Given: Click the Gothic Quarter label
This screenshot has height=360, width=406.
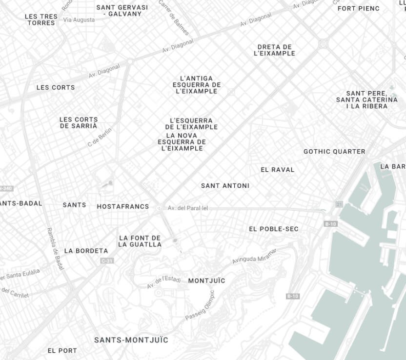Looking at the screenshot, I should pos(334,152).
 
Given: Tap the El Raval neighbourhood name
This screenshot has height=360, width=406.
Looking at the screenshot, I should pos(278,170).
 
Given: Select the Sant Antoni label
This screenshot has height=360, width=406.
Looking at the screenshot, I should pos(225,186).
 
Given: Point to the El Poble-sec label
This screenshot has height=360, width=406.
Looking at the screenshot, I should pos(274,229).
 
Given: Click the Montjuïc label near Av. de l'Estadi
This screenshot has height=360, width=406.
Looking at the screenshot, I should pos(206,280).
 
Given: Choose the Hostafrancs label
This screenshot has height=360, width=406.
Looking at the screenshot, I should pos(123,206).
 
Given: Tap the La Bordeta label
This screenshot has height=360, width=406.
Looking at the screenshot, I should pos(86,251).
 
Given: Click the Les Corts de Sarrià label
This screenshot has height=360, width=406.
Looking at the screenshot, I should pos(79,122).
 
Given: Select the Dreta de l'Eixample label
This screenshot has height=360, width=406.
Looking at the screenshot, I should pos(275,50).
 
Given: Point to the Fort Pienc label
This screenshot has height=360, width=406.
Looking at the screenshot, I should pos(358,8).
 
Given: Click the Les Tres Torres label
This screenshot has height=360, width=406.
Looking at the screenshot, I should pos(41,20).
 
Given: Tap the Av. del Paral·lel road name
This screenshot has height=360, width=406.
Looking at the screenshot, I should pos(188,208).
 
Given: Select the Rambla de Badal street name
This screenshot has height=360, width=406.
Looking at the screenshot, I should pos(53,249).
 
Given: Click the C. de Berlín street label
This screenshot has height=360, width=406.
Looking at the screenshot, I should pos(100,137).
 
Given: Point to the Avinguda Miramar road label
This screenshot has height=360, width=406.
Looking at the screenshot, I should pos(254,256).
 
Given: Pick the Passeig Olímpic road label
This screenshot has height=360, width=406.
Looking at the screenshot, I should pos(200,306).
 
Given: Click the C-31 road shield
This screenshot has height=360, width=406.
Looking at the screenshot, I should pos(107,261).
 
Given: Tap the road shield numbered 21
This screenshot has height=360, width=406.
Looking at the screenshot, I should pos(339,203).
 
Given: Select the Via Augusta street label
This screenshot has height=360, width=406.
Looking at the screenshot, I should pos(79,20).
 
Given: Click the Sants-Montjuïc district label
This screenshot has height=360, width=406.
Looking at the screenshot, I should pos(131,340).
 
